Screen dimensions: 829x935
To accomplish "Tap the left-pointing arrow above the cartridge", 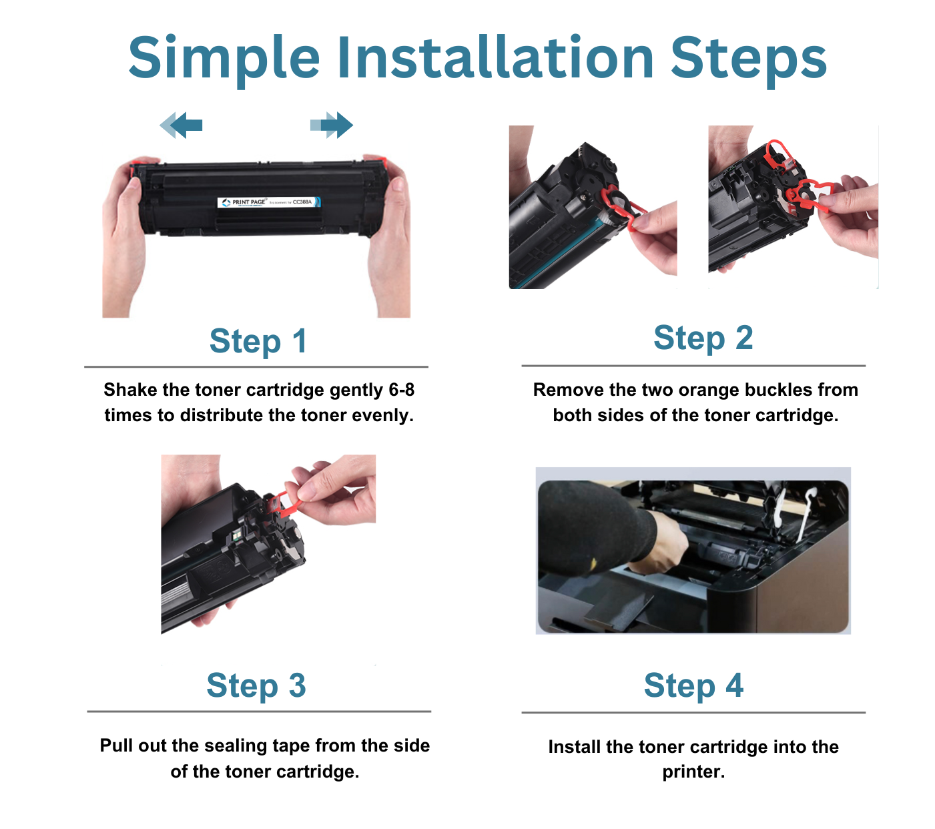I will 182,125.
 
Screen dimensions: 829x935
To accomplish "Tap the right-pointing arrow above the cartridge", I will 332,125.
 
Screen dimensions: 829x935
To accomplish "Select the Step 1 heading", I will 258,341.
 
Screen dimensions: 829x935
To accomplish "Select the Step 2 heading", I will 703,338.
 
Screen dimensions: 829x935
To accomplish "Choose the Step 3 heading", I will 256,685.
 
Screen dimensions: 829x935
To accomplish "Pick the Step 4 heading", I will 693,685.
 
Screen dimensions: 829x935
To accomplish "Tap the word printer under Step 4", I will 692,772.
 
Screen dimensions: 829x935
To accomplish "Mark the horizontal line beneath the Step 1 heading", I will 256,366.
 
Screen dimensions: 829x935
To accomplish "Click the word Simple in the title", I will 224,57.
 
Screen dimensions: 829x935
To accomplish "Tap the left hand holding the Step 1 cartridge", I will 124,234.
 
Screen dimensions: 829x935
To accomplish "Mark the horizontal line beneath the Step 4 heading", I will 693,712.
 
